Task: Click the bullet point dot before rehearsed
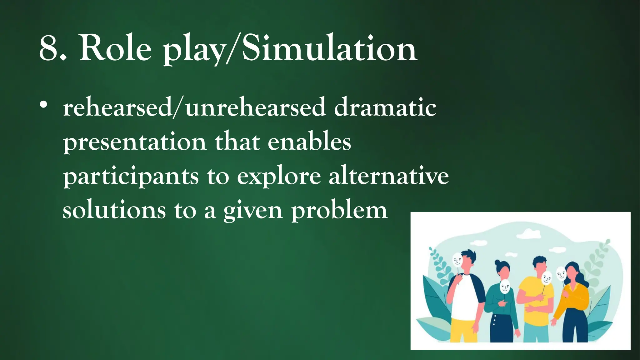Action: click(x=43, y=105)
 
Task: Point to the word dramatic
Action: click(x=385, y=107)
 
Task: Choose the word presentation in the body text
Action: click(x=135, y=142)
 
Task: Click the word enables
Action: click(x=309, y=142)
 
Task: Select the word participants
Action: click(x=131, y=177)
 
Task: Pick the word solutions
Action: click(x=114, y=210)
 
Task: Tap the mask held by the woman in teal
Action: click(x=505, y=286)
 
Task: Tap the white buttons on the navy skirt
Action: click(x=494, y=320)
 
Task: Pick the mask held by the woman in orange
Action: click(x=561, y=274)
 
